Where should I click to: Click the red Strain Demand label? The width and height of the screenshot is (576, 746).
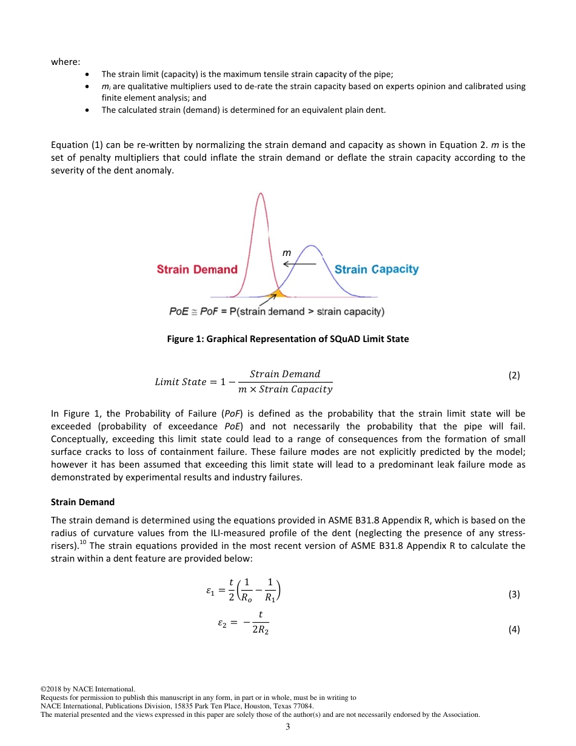[x=197, y=269]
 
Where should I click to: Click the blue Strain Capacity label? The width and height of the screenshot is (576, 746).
[x=377, y=269]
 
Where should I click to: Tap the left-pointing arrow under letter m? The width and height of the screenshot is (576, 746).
[x=300, y=264]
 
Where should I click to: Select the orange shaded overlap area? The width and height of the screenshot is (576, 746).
[x=278, y=294]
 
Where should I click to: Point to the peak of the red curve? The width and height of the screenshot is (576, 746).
[x=261, y=193]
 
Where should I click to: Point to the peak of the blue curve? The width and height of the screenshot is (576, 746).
[x=311, y=246]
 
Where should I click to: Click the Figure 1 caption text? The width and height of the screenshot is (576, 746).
[x=287, y=339]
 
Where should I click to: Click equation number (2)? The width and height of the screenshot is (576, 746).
[x=514, y=375]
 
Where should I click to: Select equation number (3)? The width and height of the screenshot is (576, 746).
[x=514, y=594]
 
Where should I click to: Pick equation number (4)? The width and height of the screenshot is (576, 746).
[x=514, y=630]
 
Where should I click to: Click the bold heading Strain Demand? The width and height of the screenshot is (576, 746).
[x=82, y=502]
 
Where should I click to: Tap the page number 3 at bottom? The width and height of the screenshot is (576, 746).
[x=288, y=727]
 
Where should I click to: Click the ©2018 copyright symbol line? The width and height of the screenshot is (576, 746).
[x=87, y=689]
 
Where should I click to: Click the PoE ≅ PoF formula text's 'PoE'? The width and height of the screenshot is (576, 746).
[x=178, y=312]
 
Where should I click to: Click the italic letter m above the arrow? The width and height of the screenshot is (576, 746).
[x=287, y=252]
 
